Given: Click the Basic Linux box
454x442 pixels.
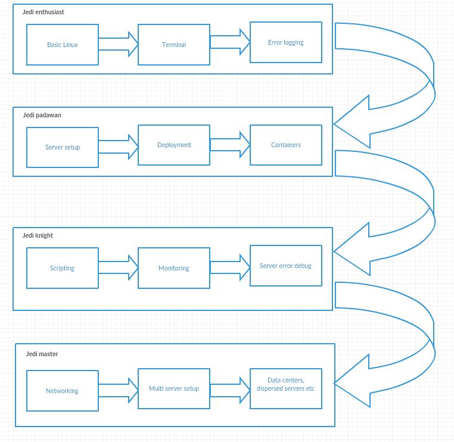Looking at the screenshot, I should tap(63, 45).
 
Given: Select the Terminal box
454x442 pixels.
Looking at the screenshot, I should tap(174, 45).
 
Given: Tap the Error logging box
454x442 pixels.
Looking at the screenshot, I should tap(286, 42).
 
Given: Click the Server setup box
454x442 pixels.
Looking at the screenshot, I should tap(63, 147).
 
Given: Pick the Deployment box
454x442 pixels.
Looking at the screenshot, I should tap(174, 145).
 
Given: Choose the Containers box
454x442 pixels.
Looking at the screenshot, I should tap(286, 145).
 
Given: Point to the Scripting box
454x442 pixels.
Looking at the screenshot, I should tap(63, 268).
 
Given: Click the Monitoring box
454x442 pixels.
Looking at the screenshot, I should tap(174, 268).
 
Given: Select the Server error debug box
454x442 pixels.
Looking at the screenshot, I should tap(286, 266).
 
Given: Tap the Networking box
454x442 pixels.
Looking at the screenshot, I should tap(63, 391).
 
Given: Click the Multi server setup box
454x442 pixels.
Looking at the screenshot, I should tap(174, 388).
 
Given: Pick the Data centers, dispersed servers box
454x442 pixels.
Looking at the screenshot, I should tap(286, 388).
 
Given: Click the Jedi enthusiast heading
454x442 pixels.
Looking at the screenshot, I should tap(43, 12).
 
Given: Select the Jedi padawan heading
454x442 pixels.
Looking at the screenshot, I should tap(42, 115).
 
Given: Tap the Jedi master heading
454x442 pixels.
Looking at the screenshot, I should tap(42, 354).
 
